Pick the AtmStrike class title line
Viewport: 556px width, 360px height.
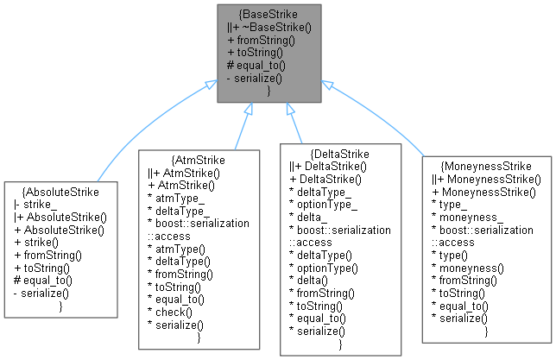(x=199, y=161)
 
